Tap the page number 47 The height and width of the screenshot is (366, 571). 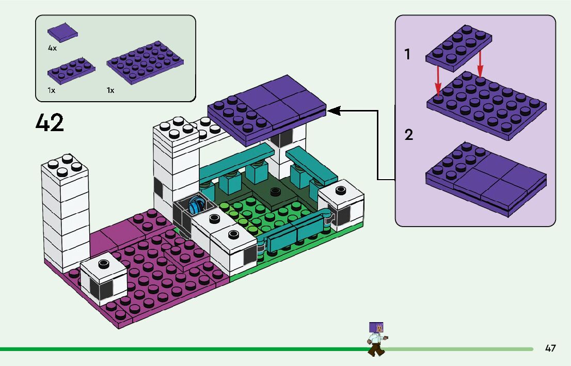(550, 348)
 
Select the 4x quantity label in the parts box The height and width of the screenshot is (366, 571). (52, 47)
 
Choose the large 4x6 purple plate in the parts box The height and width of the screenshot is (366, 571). (146, 61)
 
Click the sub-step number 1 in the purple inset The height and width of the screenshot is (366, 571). (408, 54)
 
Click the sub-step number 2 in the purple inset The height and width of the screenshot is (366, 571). (409, 135)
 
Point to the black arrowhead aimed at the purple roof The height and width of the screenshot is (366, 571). (333, 110)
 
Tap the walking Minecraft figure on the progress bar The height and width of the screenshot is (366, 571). (376, 339)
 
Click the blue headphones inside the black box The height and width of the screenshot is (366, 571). (196, 205)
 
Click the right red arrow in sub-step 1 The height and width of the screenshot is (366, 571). (480, 64)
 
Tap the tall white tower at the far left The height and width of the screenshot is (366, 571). (65, 212)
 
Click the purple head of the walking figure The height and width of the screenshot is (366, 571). (376, 328)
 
